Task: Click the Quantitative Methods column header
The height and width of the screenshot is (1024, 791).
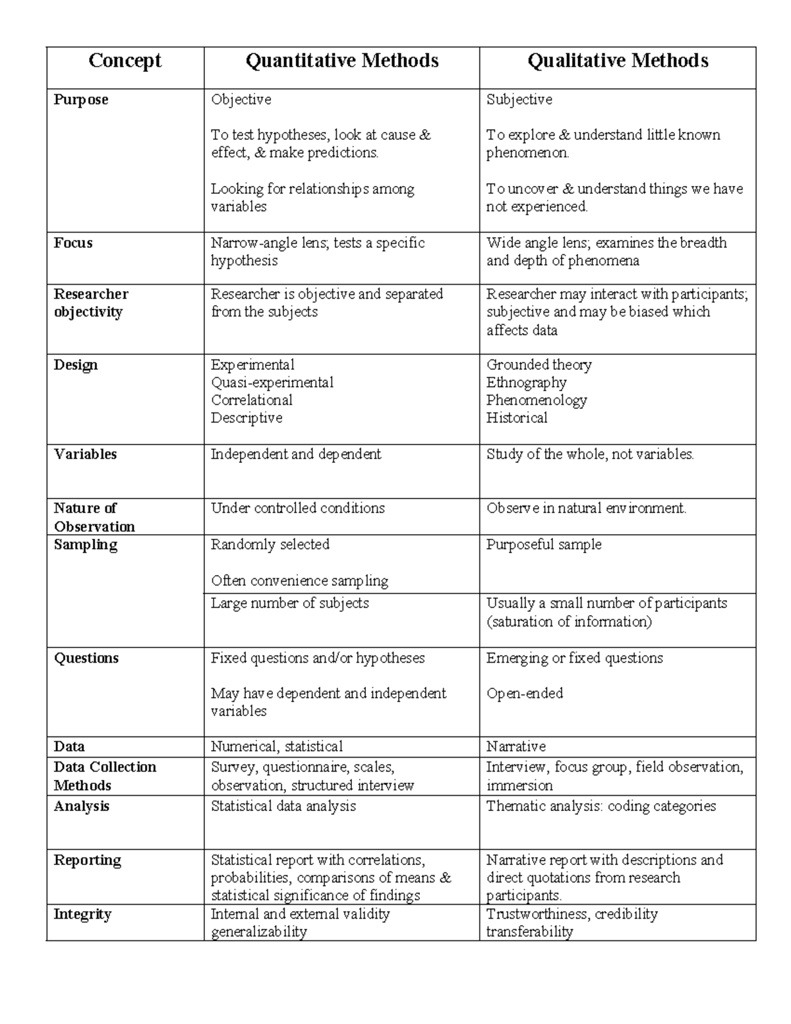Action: click(341, 61)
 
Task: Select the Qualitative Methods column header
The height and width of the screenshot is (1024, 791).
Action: click(618, 61)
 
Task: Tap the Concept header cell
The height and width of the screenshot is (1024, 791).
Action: click(125, 61)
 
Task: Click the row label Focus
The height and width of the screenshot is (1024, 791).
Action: click(73, 243)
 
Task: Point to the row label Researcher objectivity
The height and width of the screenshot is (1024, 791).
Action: click(91, 303)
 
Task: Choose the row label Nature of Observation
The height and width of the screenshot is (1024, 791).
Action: click(94, 517)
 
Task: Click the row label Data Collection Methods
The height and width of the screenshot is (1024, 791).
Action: click(105, 775)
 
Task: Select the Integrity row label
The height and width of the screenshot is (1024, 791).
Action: click(82, 914)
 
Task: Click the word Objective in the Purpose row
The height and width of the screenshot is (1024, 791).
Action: click(241, 100)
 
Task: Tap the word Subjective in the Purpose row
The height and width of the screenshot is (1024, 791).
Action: click(519, 100)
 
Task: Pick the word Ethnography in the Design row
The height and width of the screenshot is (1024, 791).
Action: click(526, 382)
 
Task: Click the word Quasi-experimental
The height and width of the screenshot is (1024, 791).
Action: click(272, 382)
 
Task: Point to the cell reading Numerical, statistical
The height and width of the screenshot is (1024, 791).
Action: click(276, 746)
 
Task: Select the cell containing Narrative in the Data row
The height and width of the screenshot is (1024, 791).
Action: click(515, 746)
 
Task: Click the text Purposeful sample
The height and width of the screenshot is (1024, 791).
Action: click(544, 545)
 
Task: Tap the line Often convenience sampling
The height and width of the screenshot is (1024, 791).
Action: click(299, 581)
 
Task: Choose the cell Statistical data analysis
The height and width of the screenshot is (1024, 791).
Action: click(283, 806)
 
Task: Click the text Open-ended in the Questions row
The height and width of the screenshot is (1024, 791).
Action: click(525, 693)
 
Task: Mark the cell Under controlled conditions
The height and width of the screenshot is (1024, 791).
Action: click(297, 508)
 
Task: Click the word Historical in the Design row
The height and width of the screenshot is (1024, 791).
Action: click(517, 418)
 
